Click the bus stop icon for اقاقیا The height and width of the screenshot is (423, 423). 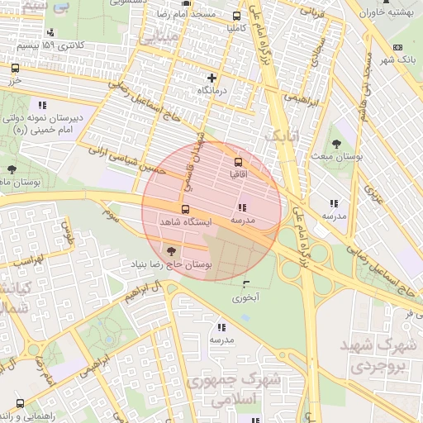(x=239, y=162)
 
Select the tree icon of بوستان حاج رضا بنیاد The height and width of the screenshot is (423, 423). (x=170, y=250)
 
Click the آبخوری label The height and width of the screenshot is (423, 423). (x=245, y=297)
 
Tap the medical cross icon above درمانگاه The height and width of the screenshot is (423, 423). (x=212, y=78)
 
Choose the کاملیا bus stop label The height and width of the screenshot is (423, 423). (x=238, y=27)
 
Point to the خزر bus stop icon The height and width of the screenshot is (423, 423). (x=16, y=69)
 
